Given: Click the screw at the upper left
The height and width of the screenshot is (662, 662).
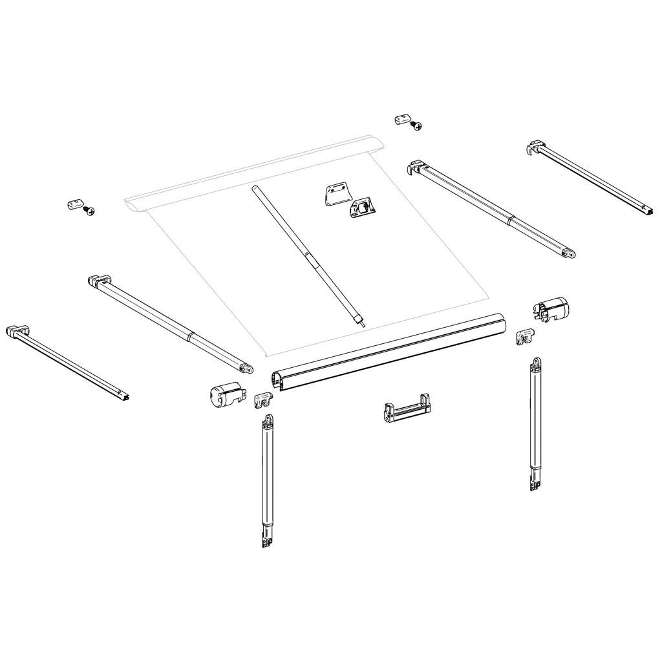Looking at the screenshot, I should (91, 211).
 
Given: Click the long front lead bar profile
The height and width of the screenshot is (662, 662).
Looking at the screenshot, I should (388, 352).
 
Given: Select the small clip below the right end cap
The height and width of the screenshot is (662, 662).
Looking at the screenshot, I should (528, 336).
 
